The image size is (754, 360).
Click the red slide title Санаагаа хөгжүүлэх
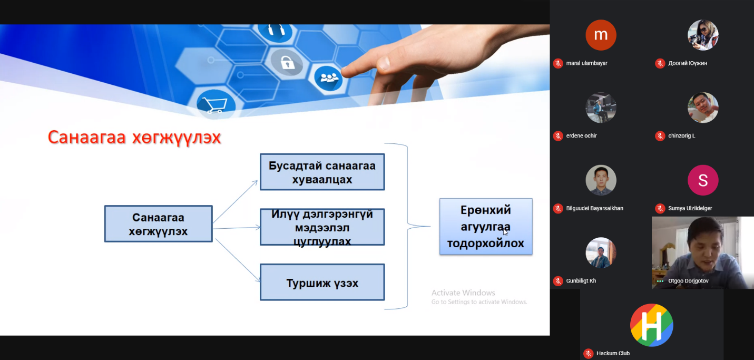[x=134, y=138]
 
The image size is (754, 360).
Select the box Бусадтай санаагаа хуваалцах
[x=322, y=172]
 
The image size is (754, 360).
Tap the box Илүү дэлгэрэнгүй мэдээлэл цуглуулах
[x=322, y=227]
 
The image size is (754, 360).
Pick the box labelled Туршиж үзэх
[x=322, y=282]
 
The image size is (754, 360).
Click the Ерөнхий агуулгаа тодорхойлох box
[x=486, y=226]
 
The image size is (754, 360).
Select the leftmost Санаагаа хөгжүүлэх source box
[x=158, y=223]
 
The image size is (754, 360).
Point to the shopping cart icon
[x=215, y=104]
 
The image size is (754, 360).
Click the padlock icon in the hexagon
[x=287, y=62]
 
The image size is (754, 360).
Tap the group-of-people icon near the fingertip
[x=329, y=78]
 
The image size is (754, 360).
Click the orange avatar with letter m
[x=601, y=35]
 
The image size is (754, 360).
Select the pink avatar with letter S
[x=703, y=180]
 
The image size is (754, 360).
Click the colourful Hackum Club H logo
[x=652, y=325]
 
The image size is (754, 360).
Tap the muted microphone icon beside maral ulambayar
[x=558, y=63]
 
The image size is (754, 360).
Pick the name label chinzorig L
[x=682, y=135]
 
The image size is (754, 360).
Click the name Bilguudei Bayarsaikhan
[x=594, y=208]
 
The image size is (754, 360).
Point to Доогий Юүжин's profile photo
[x=703, y=35]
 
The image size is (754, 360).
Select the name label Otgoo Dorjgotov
[x=688, y=281]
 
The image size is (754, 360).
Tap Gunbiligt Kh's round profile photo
[x=601, y=252]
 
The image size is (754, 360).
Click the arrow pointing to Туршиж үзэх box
[x=238, y=260]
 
